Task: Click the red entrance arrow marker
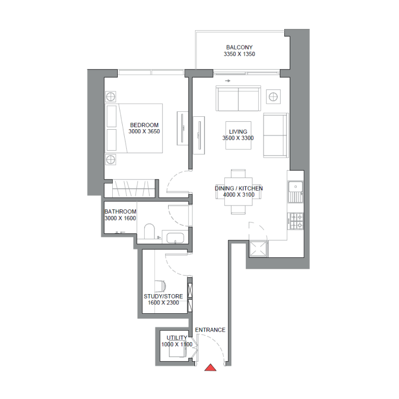point(211,368)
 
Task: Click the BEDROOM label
point(144,125)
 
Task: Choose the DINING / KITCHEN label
point(238,189)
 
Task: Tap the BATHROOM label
point(120,212)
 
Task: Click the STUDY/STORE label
point(163,296)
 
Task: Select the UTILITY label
point(177,338)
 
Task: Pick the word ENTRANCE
point(210,330)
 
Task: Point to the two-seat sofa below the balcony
point(238,99)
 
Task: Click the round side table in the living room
point(273,96)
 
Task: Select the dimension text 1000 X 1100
point(177,345)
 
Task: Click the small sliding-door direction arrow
point(227,80)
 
